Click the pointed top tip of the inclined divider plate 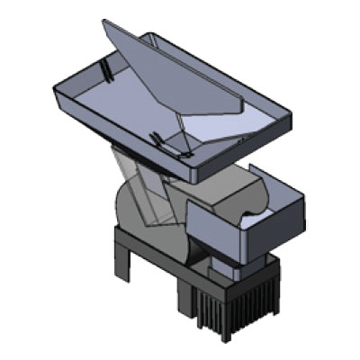[103, 21]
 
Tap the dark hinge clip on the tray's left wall [107, 70]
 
